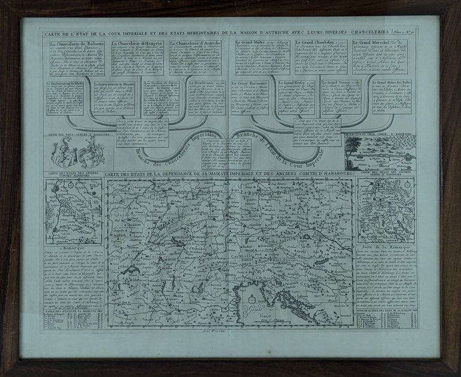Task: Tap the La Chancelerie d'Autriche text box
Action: [197, 56]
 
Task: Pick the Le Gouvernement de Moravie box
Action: [118, 98]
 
